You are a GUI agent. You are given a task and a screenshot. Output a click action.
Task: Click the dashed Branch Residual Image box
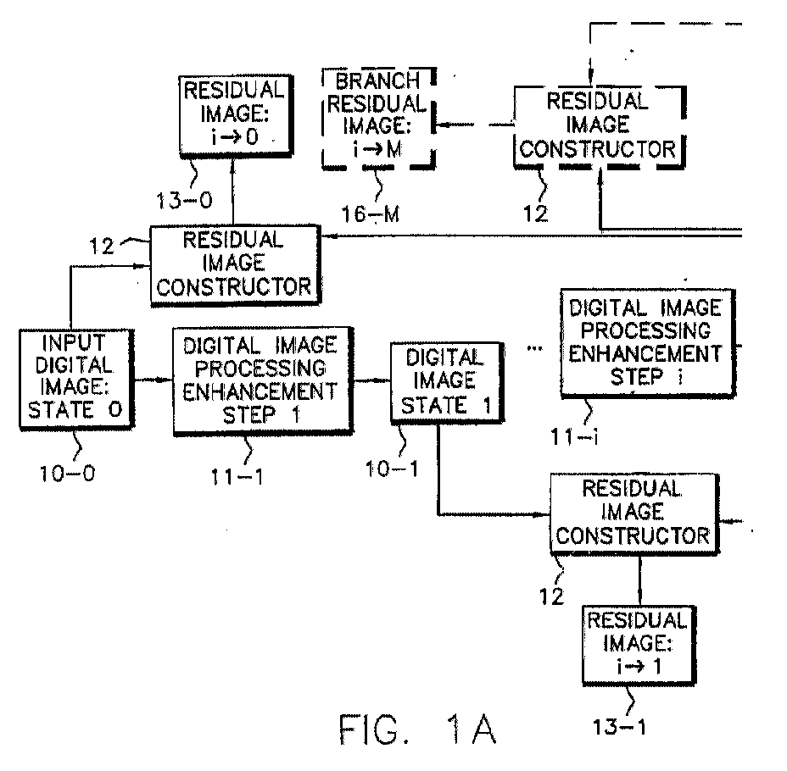pos(379,117)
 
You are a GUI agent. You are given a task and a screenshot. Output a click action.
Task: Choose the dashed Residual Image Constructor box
pos(599,125)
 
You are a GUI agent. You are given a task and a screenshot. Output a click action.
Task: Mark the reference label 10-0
pos(66,470)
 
